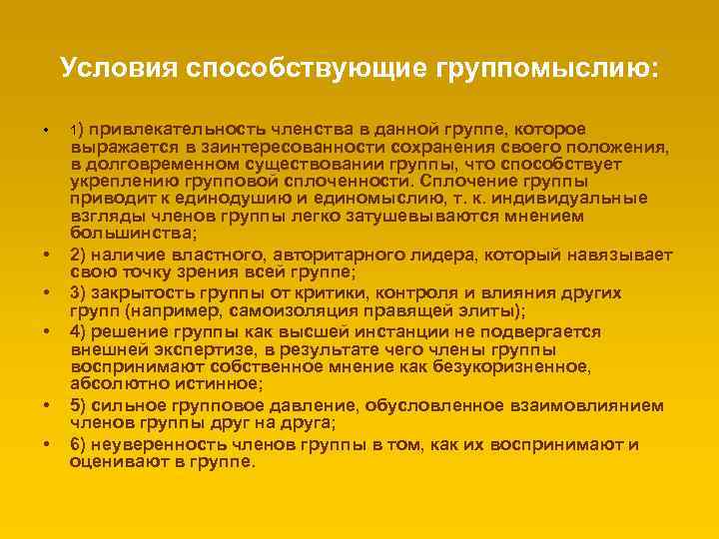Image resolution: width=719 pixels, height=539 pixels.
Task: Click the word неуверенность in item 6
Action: pyautogui.click(x=156, y=444)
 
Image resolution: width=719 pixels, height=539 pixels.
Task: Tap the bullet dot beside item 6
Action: pyautogui.click(x=46, y=444)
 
